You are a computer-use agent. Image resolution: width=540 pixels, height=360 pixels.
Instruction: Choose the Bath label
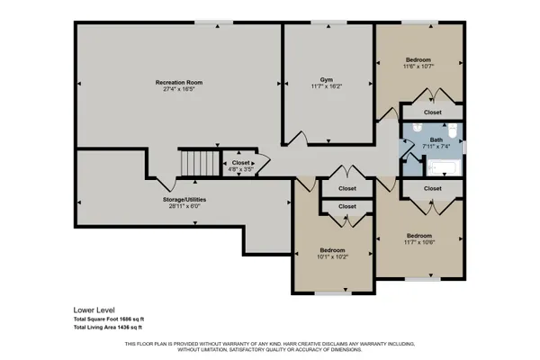436,139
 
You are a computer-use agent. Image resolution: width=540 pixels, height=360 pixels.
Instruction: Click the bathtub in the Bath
443,166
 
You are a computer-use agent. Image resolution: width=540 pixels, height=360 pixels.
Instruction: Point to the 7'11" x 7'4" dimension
436,147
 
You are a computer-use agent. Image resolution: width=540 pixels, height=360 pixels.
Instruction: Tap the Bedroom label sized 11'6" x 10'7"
418,59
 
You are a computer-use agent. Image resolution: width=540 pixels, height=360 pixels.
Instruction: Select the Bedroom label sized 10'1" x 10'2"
332,249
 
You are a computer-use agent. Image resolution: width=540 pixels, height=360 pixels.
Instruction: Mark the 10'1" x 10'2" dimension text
332,256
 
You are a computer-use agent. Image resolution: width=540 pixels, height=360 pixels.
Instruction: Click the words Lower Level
94,309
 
